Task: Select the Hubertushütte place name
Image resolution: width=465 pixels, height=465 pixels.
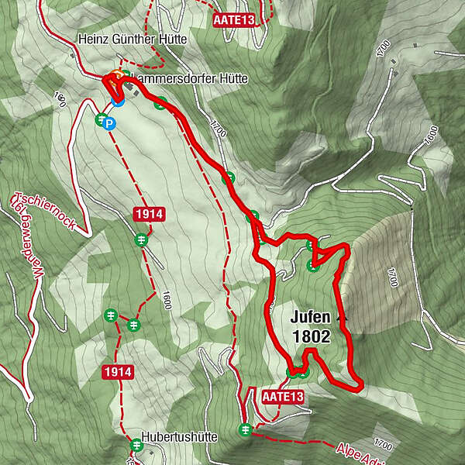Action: coord(179,436)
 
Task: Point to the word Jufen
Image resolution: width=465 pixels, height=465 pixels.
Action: coord(312,317)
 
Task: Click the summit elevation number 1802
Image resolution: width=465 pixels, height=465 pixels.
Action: coord(312,336)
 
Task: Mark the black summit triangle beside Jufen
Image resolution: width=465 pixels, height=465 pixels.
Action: coord(340,317)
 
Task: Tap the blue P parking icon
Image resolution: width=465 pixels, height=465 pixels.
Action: coord(110,123)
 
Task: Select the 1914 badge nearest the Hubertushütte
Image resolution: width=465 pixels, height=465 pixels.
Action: coord(118,373)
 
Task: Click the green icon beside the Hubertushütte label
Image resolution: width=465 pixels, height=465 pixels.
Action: coord(136,445)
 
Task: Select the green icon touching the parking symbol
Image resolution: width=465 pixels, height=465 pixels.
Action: coord(100,119)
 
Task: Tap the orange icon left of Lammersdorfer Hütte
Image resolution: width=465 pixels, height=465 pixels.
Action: coord(116,76)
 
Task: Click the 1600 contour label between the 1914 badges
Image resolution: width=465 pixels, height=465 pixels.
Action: coord(165,302)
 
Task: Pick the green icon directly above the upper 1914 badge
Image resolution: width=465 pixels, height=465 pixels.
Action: coord(140,239)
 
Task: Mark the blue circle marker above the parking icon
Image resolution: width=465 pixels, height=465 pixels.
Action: coord(117,100)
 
